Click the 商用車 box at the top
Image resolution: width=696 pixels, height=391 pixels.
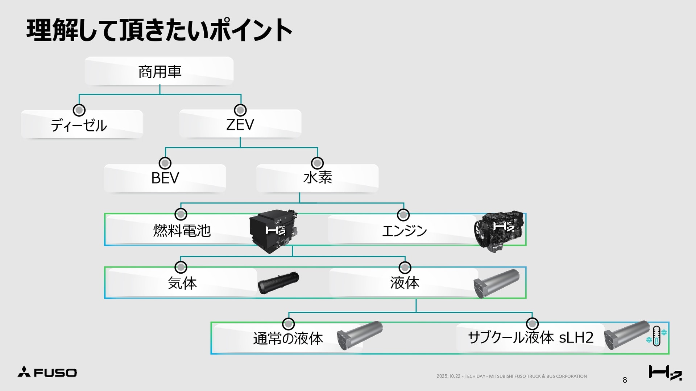click(159, 71)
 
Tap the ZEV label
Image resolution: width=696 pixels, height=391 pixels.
click(240, 125)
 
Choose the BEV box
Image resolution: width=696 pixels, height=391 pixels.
click(165, 178)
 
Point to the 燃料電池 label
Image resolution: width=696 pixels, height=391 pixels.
click(182, 230)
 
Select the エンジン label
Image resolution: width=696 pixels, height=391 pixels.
click(405, 231)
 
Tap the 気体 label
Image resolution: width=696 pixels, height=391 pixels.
click(182, 283)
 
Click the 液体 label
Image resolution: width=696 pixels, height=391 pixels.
click(405, 283)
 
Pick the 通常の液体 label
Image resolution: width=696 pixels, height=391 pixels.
click(288, 339)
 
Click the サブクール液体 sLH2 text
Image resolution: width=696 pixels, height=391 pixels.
click(531, 337)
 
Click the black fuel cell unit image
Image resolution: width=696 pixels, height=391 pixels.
click(274, 231)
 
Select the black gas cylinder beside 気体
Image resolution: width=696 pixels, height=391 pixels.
click(278, 282)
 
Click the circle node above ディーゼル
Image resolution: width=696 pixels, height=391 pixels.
click(79, 110)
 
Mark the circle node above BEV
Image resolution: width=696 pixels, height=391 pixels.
click(165, 163)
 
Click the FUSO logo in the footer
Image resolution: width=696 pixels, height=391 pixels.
click(47, 372)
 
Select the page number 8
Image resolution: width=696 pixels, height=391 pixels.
click(625, 380)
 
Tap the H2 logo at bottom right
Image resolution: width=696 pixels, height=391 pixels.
click(665, 373)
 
